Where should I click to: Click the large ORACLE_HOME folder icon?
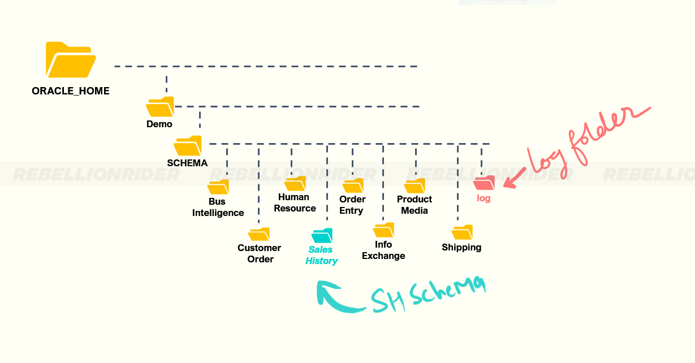(x=70, y=60)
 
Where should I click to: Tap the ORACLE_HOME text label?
(x=71, y=90)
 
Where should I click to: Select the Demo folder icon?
(x=160, y=107)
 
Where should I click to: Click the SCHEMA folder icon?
(x=188, y=146)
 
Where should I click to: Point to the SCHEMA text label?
(x=187, y=163)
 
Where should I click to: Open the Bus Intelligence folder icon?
(x=218, y=187)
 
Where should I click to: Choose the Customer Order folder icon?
(x=259, y=234)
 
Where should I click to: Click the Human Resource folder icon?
(x=295, y=184)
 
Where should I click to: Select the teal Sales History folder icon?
(x=322, y=235)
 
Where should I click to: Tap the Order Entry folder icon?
(x=353, y=186)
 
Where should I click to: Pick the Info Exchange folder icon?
(x=384, y=230)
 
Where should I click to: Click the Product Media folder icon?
(x=415, y=186)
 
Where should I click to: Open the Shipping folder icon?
(x=462, y=232)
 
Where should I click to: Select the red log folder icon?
(x=485, y=183)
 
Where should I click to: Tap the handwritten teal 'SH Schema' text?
(x=428, y=295)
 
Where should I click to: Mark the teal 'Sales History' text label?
(x=322, y=255)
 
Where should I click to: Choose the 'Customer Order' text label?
(x=260, y=253)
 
